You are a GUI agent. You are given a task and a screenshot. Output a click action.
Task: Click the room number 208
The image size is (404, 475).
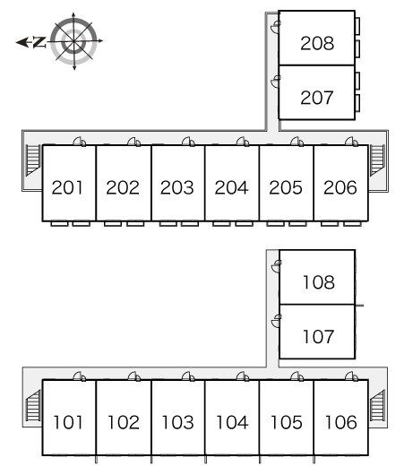pos(317,43)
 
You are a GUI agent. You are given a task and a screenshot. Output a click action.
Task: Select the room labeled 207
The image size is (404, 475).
pos(317,98)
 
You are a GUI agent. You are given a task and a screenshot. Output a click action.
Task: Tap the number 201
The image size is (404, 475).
pos(67,187)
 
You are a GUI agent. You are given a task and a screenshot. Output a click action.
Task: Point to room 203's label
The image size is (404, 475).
pos(176,187)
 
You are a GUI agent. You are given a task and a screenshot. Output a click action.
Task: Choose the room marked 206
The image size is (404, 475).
pos(340,187)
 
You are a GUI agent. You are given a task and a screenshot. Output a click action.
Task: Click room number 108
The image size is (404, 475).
pos(319,282)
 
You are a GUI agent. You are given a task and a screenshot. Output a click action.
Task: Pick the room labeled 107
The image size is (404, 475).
pos(318,337)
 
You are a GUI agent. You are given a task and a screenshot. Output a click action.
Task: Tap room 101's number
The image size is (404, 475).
pos(68,422)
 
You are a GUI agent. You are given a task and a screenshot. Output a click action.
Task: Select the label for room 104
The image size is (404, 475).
pos(232,422)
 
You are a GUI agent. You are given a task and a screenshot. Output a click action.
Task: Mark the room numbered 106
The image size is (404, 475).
pos(341,422)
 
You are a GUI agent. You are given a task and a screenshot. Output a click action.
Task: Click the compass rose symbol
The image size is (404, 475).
pos(73,41)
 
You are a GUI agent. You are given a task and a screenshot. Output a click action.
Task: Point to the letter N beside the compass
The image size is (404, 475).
pos(39,42)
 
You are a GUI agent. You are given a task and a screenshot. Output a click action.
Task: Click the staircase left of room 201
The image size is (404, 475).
pos(33,160)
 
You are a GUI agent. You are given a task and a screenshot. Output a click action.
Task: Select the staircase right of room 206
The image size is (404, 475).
pos(377,160)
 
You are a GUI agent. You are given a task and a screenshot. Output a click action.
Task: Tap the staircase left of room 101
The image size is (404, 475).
pos(33,406)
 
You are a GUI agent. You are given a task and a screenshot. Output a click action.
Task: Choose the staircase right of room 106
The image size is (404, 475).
pos(377,406)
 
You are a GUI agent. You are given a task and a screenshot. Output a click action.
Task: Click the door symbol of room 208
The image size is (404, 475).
pos(276,27)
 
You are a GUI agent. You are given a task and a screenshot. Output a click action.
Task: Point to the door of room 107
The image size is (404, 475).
pos(277,321)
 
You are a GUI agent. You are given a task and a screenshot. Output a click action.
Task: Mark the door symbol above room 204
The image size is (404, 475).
pos(243,142)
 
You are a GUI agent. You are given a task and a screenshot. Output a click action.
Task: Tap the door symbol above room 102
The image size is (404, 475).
pos(134,376)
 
